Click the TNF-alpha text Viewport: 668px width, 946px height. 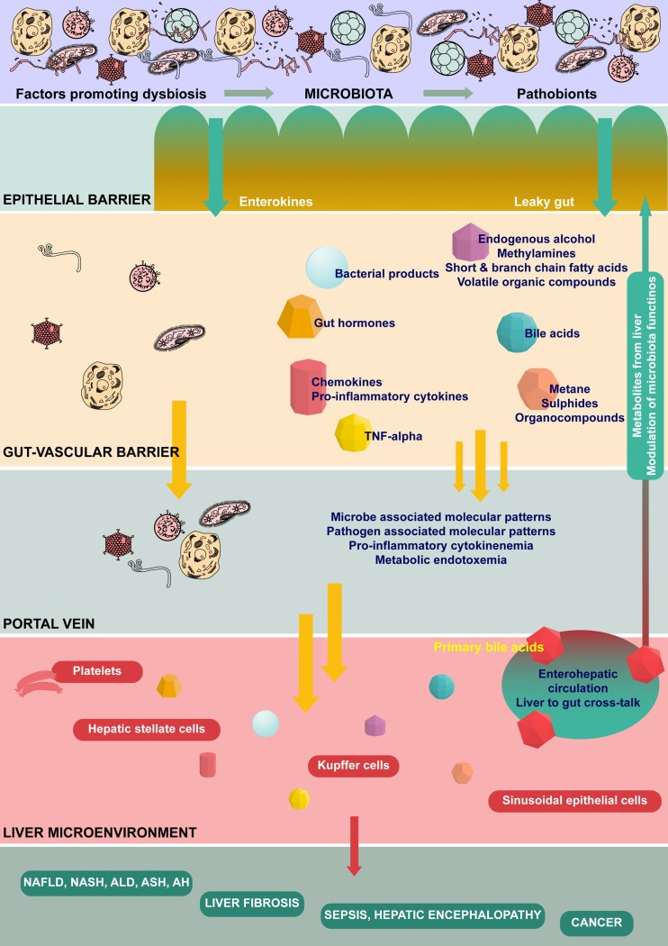[x=393, y=436]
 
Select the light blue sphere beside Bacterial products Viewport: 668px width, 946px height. [x=323, y=267]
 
